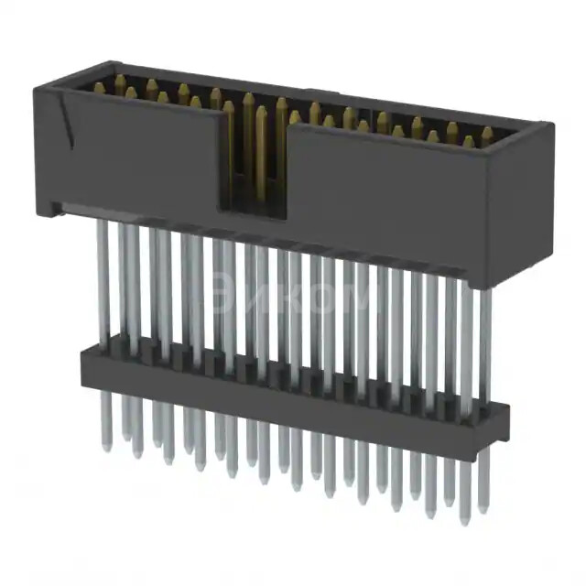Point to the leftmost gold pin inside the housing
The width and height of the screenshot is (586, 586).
(99, 88)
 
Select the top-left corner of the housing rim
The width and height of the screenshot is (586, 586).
(38, 85)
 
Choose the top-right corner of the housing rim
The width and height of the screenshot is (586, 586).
(547, 125)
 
